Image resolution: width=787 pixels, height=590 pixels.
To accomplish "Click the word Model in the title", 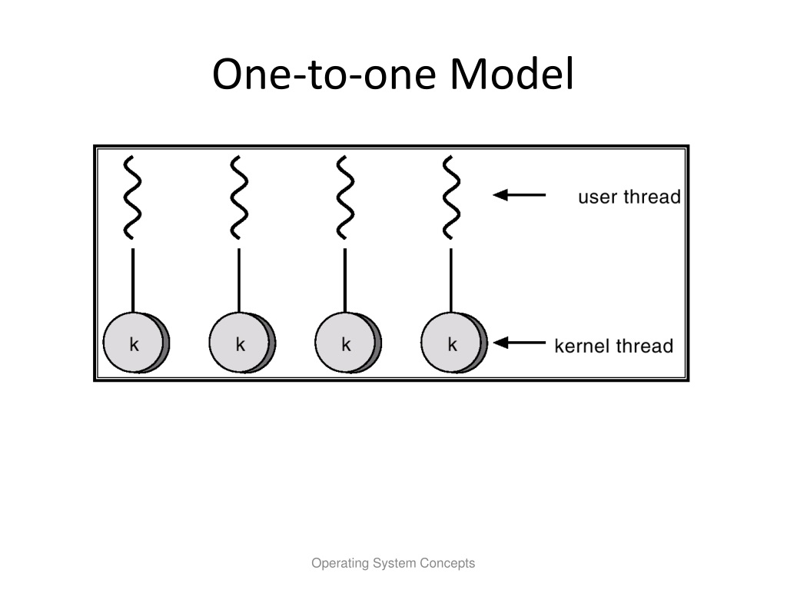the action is point(511,74).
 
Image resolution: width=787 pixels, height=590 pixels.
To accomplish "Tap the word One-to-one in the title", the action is point(324,74).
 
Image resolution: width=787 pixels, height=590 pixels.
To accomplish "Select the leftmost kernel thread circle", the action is point(136,343).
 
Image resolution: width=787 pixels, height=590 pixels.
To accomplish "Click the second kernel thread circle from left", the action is point(242,343).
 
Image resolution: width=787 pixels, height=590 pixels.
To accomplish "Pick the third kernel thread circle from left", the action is point(348,343).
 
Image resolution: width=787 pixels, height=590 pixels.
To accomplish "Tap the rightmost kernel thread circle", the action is point(453,343).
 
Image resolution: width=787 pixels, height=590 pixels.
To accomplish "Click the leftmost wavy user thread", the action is point(132,197).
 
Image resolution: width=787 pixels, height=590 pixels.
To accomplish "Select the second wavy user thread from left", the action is point(239,197).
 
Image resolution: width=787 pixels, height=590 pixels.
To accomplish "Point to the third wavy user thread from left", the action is point(345,197).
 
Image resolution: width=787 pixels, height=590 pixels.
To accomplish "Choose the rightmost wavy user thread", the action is point(450,197).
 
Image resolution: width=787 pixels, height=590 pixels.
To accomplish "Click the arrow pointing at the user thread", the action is point(519,194).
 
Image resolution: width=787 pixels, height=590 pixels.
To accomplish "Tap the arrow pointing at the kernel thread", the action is point(519,343).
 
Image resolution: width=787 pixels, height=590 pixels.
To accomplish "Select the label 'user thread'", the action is point(629,197).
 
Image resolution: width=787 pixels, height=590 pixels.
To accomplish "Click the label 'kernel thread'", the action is point(614,346).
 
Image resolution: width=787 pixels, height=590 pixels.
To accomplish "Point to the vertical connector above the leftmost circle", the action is point(132,280).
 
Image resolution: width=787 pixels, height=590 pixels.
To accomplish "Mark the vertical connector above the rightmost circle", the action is point(450,280).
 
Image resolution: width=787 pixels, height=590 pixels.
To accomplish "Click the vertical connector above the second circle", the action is point(239,280).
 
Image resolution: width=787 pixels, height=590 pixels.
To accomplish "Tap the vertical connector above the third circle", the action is point(345,280).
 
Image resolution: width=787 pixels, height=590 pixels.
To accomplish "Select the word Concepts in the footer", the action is point(448,563).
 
